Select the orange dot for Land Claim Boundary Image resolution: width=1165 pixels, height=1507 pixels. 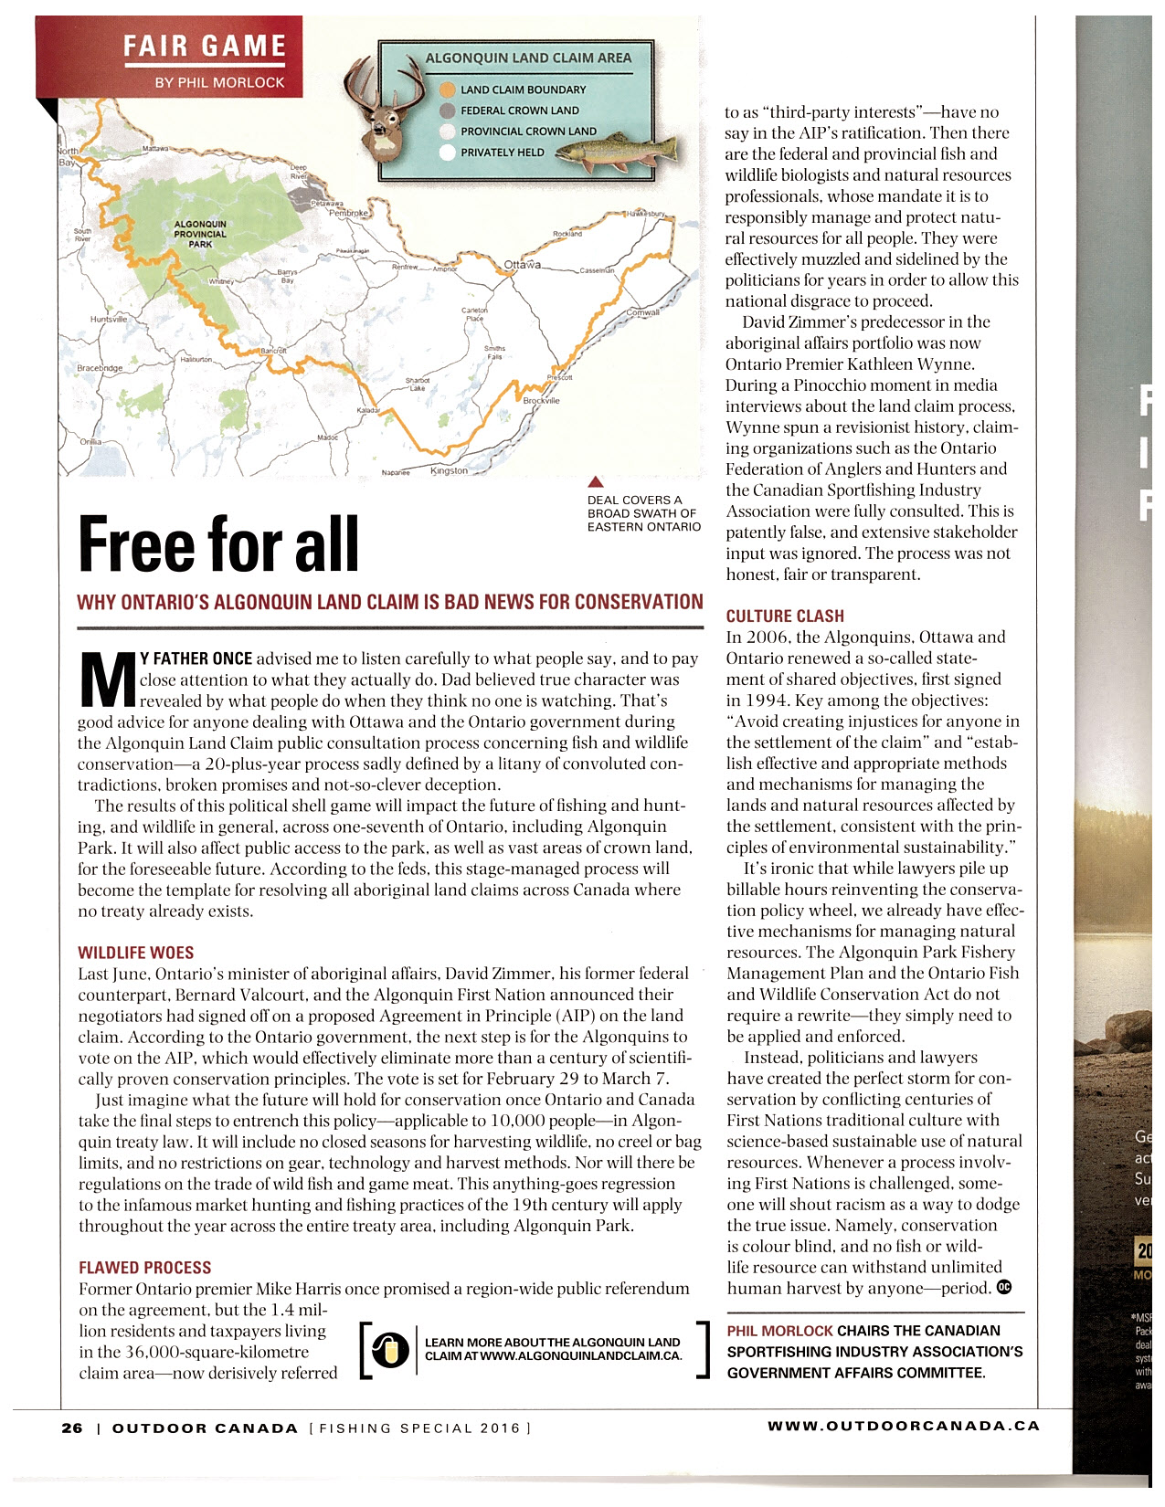point(447,90)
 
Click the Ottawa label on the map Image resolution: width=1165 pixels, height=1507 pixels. point(522,265)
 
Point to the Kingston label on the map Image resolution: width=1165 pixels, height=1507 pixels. point(449,471)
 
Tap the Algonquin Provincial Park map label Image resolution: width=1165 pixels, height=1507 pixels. point(200,234)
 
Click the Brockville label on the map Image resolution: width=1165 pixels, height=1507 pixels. point(541,400)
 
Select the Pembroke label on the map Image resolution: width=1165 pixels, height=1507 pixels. point(347,213)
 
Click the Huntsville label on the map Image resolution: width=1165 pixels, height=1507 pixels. point(108,320)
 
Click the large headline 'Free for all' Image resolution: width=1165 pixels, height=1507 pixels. point(218,544)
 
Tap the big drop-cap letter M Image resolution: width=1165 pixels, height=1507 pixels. point(107,680)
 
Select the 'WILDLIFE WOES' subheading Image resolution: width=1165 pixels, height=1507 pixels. point(135,953)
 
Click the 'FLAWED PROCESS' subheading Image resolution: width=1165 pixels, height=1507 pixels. point(145,1268)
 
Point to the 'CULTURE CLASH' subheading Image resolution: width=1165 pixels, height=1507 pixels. point(785,616)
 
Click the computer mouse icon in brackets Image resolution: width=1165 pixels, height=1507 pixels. point(390,1351)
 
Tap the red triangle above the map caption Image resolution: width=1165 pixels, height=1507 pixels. point(596,481)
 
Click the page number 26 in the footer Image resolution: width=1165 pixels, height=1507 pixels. point(72,1428)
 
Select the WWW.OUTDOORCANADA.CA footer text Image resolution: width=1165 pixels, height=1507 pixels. point(903,1426)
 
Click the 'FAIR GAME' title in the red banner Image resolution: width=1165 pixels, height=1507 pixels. point(205,46)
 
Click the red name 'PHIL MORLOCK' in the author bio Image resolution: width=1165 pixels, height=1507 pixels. point(779,1331)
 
